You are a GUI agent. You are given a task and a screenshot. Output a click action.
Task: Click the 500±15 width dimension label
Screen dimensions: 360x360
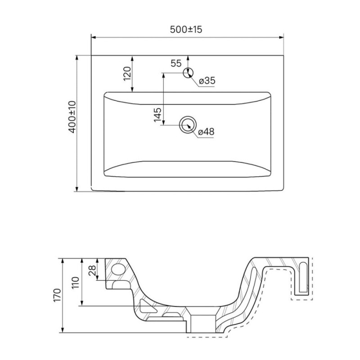click(x=186, y=29)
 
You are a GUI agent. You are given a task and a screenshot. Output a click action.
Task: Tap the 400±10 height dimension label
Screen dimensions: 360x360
click(x=72, y=117)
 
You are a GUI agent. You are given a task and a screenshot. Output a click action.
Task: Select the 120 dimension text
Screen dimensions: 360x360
click(x=127, y=74)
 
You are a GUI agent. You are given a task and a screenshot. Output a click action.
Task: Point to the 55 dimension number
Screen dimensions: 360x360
click(x=176, y=63)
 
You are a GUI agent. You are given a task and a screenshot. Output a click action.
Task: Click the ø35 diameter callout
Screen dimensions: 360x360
click(x=207, y=81)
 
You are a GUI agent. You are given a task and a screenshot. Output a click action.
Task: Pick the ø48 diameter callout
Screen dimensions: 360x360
click(x=206, y=131)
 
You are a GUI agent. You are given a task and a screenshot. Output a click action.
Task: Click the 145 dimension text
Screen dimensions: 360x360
click(x=157, y=115)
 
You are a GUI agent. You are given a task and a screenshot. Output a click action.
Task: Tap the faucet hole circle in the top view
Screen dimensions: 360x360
click(x=188, y=73)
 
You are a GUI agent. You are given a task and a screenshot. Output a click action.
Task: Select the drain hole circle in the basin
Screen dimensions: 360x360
click(x=188, y=125)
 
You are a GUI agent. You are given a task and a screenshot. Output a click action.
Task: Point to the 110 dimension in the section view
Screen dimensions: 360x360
click(x=75, y=283)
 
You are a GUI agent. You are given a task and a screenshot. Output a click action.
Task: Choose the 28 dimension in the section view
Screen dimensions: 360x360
click(x=92, y=271)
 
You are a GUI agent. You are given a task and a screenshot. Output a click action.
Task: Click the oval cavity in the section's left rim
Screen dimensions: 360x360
click(x=118, y=269)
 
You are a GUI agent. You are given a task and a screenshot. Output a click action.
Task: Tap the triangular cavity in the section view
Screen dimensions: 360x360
click(x=147, y=306)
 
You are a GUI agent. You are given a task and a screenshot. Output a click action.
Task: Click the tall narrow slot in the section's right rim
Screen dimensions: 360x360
click(x=303, y=277)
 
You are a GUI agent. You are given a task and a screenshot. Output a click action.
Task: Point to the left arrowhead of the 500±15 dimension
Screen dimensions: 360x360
click(x=93, y=37)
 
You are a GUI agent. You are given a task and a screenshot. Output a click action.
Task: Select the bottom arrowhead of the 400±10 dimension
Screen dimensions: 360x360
click(x=77, y=189)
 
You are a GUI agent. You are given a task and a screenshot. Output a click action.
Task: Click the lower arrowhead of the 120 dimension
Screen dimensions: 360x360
click(x=132, y=90)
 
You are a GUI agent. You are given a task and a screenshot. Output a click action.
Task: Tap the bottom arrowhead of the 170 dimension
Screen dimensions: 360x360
click(x=63, y=330)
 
